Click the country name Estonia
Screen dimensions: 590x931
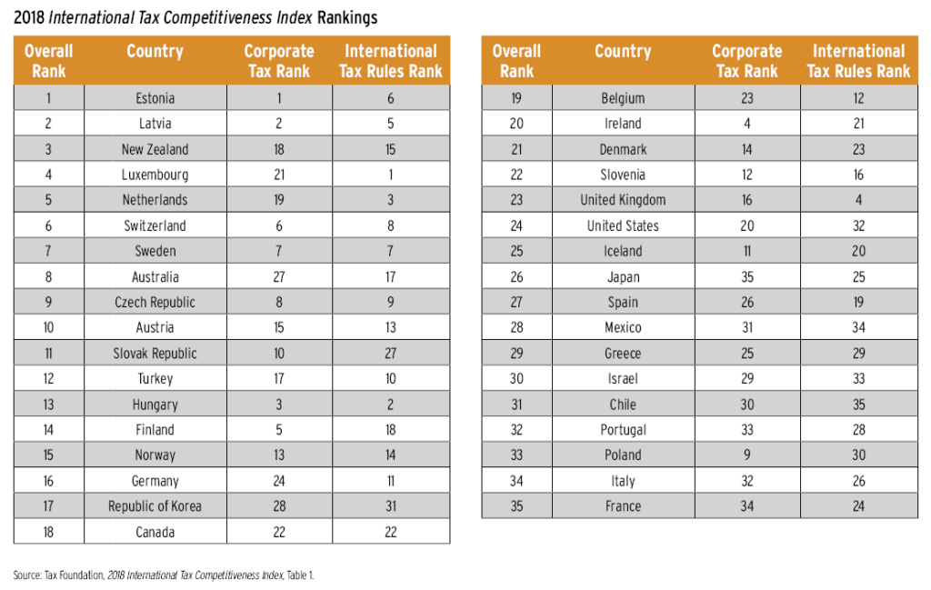155,98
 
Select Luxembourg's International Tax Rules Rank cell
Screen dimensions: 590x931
390,175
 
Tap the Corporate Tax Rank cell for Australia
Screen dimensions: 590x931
279,277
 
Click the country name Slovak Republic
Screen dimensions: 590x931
155,354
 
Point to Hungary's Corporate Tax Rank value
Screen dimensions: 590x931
279,405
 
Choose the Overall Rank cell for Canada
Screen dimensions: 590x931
48,532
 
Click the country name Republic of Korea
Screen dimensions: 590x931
155,506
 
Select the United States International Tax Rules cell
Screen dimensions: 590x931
858,225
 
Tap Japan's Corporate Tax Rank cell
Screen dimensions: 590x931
747,277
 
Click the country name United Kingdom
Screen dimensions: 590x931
623,200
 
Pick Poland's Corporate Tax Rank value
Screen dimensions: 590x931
747,455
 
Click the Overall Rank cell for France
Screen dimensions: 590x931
516,506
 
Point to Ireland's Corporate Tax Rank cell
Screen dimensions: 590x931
747,124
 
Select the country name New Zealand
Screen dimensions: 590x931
155,149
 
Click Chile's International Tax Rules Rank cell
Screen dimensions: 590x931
858,405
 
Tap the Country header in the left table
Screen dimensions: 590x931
155,52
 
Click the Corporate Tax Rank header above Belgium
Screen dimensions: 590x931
747,61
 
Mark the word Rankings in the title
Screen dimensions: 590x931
347,17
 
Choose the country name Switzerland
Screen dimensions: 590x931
155,225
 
